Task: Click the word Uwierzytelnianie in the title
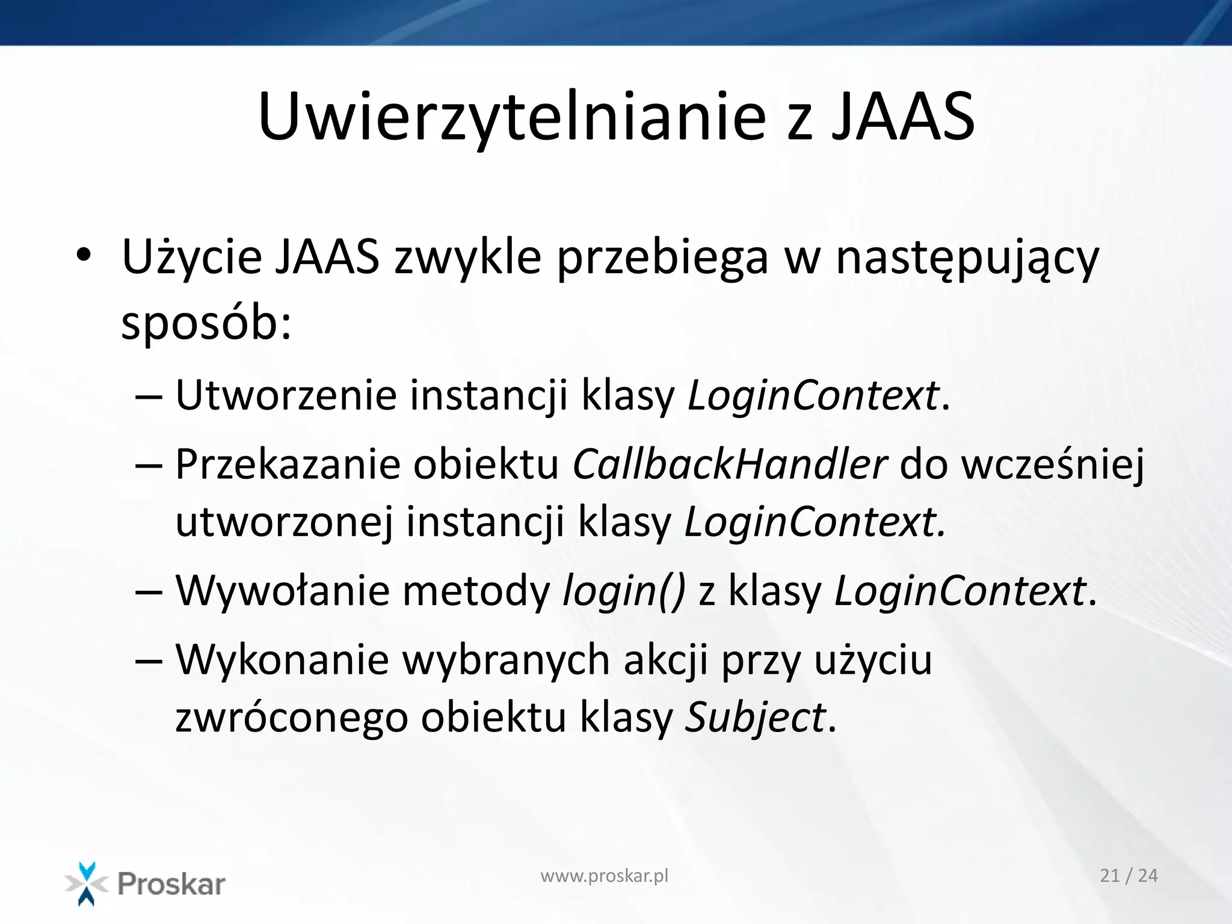(511, 117)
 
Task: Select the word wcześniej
(1053, 466)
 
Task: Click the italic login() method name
(624, 591)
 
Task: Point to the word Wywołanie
(282, 591)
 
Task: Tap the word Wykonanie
(282, 660)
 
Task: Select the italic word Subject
(756, 718)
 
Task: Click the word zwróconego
(291, 718)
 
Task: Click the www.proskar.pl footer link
(604, 876)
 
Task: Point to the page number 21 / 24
(1129, 876)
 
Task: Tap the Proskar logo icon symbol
(86, 884)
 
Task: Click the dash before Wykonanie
(149, 660)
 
